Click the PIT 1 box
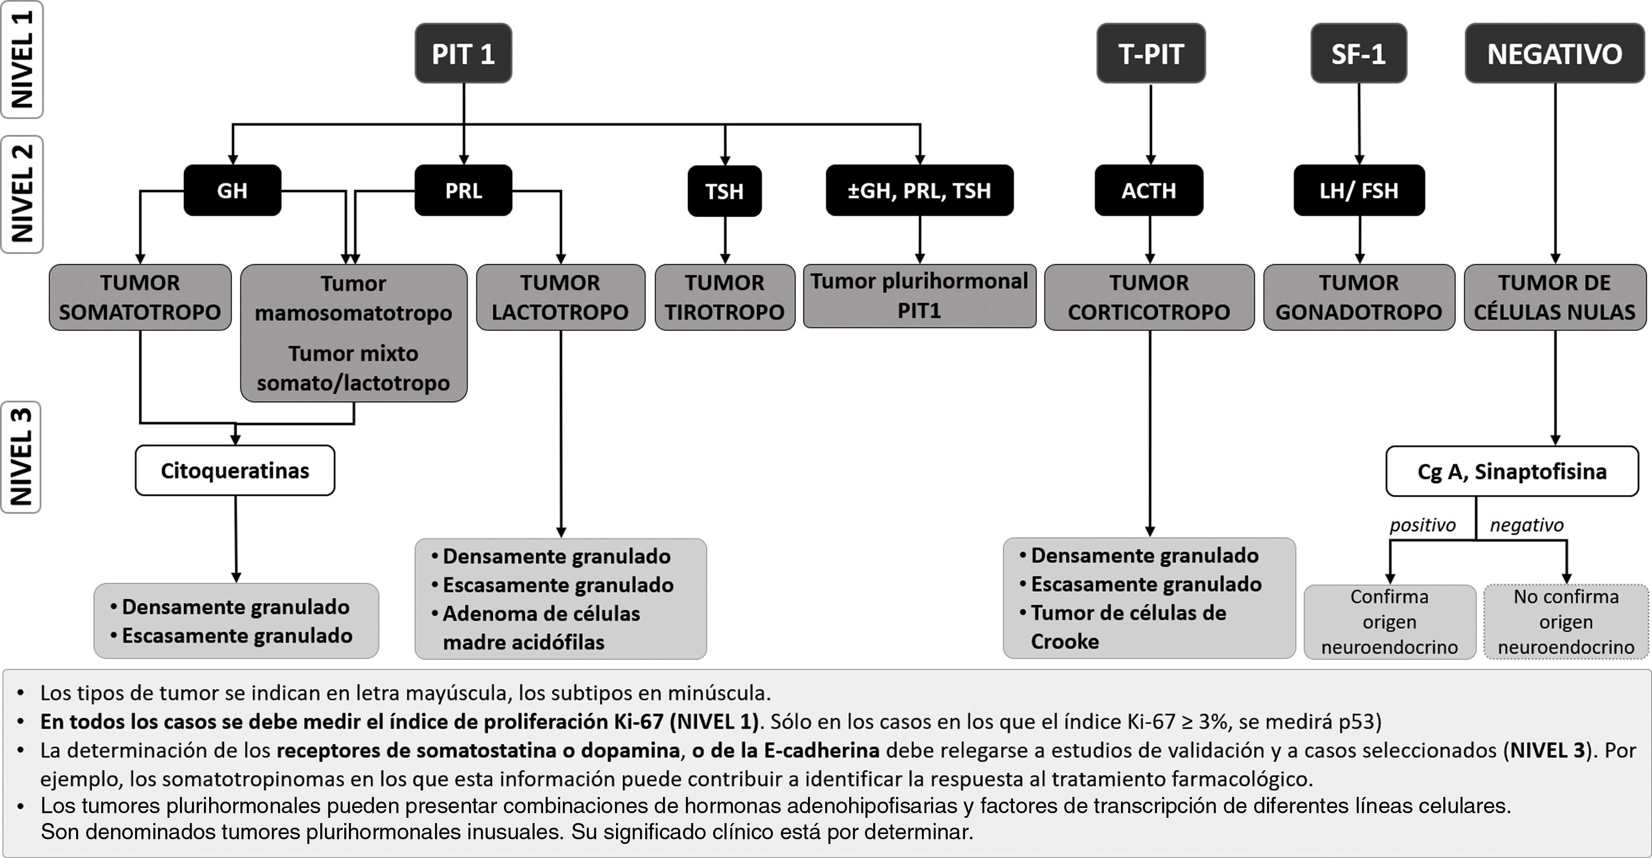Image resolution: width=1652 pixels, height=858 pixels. (x=463, y=54)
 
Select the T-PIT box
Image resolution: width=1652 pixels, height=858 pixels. (x=1151, y=54)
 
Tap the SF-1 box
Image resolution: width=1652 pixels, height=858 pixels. (x=1358, y=54)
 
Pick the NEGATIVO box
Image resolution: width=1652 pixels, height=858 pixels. (x=1554, y=54)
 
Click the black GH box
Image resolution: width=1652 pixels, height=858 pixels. (x=232, y=190)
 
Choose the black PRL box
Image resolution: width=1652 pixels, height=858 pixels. (x=463, y=190)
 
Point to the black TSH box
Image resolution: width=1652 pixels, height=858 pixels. (x=725, y=191)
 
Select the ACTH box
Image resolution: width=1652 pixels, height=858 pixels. (x=1149, y=190)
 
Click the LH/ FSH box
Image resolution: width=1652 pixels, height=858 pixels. (x=1359, y=190)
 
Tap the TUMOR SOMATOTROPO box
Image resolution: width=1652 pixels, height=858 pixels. (x=140, y=297)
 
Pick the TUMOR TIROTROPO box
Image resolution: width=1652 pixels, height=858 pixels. (x=725, y=297)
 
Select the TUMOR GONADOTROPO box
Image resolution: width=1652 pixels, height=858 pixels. (x=1359, y=297)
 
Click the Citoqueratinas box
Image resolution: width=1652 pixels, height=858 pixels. (x=235, y=470)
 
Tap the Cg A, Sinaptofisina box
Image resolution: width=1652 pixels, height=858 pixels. (x=1512, y=472)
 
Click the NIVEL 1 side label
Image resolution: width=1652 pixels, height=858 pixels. (x=22, y=59)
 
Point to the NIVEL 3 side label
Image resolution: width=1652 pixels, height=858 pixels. (x=21, y=457)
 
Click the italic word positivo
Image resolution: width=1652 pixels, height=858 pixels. (x=1422, y=525)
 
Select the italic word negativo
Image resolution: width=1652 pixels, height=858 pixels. (x=1526, y=525)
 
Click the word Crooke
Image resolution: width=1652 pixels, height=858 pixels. (x=1065, y=641)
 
